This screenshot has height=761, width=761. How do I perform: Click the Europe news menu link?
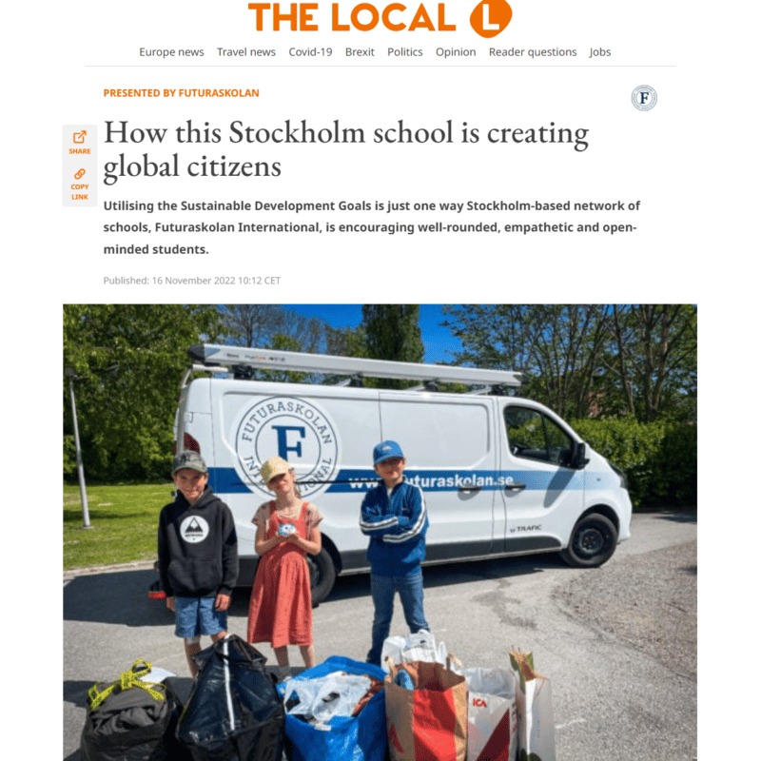tap(171, 52)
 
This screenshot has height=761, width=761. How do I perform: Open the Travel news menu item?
tap(246, 52)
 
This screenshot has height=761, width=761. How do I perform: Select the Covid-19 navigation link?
tap(310, 52)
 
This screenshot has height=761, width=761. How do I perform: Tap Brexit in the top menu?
tap(360, 52)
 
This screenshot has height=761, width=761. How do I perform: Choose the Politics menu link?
tap(405, 52)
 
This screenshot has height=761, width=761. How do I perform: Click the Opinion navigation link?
tap(456, 52)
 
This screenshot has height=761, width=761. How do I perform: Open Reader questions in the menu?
tap(533, 52)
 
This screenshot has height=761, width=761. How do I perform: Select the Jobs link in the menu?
tap(600, 52)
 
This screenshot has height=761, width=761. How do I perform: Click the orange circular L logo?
tap(491, 18)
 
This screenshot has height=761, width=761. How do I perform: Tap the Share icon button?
tap(80, 142)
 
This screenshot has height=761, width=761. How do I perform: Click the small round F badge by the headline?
tap(644, 98)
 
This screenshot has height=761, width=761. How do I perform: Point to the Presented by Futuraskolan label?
tap(181, 93)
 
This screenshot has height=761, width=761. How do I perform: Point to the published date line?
tap(192, 281)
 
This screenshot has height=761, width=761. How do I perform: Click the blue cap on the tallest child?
tap(388, 452)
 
